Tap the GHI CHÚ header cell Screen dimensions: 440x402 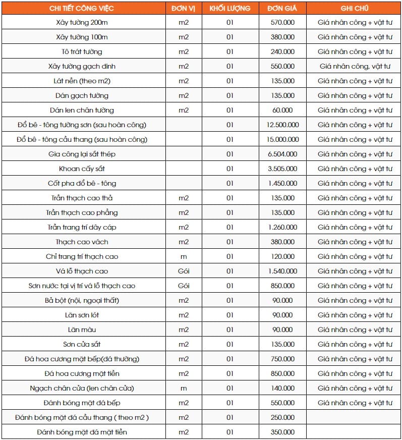pos(355,9)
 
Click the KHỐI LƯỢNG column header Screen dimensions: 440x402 pos(230,9)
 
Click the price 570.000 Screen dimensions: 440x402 pos(282,23)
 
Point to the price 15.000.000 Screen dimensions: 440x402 pos(282,139)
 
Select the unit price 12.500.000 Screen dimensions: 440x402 pos(282,125)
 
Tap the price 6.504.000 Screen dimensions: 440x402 pos(282,154)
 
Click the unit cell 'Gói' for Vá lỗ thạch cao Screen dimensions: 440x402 pos(184,271)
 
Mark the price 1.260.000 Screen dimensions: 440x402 pos(282,227)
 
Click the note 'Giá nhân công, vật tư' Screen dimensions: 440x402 pos(355,66)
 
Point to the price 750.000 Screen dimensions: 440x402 pos(282,359)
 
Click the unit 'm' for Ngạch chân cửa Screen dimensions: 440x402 pos(184,388)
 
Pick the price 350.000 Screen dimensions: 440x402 pos(282,432)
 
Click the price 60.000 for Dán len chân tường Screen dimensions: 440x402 pos(282,110)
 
